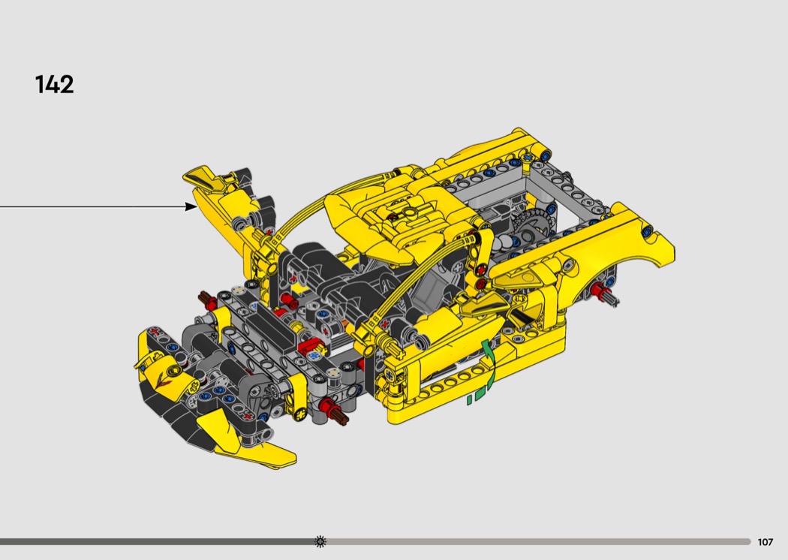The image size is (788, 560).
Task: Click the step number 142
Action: pyautogui.click(x=54, y=84)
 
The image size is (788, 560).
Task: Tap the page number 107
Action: pyautogui.click(x=765, y=542)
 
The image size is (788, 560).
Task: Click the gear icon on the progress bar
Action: pyautogui.click(x=320, y=541)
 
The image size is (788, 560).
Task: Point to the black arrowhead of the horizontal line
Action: pyautogui.click(x=191, y=206)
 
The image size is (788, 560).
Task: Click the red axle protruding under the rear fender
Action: pyautogui.click(x=599, y=290)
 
